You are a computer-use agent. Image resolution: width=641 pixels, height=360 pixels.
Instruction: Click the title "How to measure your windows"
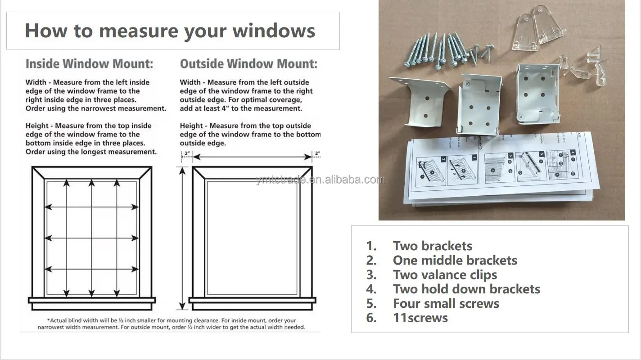click(170, 31)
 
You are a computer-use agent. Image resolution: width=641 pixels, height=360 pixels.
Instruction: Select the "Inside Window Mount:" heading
click(89, 64)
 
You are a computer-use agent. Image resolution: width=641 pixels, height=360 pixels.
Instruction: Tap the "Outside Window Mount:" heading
click(248, 64)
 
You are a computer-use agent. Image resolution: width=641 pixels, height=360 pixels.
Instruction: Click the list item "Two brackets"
click(432, 246)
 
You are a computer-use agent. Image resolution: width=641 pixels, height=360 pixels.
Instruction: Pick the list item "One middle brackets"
click(455, 260)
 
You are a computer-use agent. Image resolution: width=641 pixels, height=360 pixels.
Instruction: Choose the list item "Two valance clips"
click(445, 274)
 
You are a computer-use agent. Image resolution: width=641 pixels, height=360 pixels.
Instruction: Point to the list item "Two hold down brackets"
click(466, 289)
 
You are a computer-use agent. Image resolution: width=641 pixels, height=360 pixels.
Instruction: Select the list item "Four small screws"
click(446, 303)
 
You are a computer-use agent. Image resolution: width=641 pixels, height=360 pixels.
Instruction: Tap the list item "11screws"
click(420, 318)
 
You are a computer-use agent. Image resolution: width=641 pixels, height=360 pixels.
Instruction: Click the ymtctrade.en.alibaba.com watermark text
click(320, 180)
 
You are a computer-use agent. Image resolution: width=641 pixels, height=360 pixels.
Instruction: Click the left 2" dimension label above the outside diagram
click(187, 154)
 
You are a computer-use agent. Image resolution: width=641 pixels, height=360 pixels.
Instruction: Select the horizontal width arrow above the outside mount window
click(252, 157)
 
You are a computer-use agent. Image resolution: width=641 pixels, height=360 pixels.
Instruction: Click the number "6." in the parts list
click(371, 318)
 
